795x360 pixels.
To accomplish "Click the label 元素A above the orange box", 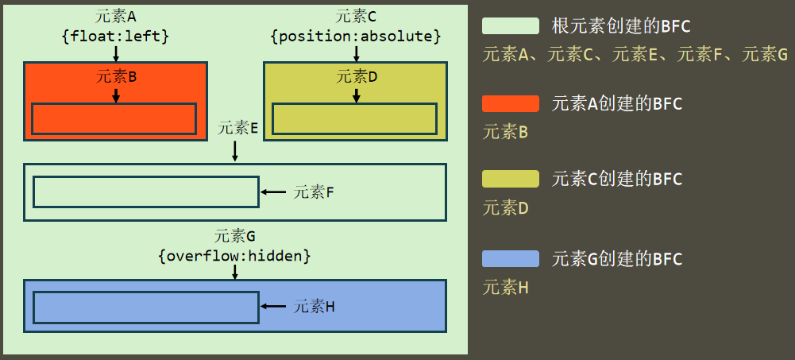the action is click(x=116, y=17).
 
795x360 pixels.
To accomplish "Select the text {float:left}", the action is click(x=116, y=36).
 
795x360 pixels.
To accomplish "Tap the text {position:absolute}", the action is click(x=356, y=36).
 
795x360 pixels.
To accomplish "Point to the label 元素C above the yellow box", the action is click(x=356, y=17).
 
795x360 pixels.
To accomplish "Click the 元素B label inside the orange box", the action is click(x=116, y=76).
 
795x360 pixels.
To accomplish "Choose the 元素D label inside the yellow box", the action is click(x=357, y=76).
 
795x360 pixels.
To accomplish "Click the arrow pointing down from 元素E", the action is click(x=235, y=151).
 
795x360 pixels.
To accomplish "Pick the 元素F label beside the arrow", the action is click(x=314, y=192).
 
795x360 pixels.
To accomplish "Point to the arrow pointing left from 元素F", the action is click(x=273, y=192).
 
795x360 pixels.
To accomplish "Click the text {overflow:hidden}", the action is click(x=234, y=256).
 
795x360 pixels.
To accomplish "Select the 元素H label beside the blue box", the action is click(x=314, y=306).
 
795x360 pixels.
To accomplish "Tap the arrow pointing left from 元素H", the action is click(x=273, y=306).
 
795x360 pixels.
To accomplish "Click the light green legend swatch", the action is click(x=511, y=26).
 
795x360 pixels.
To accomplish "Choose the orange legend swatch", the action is click(x=511, y=103).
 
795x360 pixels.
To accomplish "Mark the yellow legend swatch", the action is click(x=511, y=179).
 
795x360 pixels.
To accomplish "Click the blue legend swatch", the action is click(x=511, y=258).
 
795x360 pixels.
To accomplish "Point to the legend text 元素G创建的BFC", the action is click(x=617, y=259).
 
